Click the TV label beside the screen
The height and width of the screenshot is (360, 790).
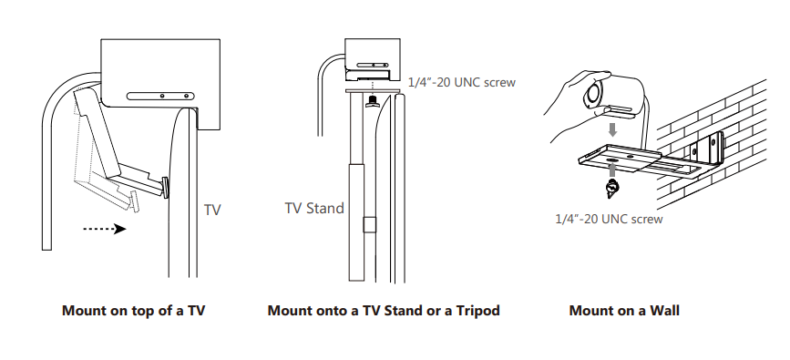(x=212, y=210)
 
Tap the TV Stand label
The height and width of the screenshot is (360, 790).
(x=315, y=208)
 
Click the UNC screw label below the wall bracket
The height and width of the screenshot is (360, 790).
(x=608, y=219)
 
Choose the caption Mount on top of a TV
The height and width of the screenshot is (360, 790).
(x=133, y=311)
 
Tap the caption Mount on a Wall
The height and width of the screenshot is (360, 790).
(x=624, y=311)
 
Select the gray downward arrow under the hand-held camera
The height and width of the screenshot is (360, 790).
(x=612, y=129)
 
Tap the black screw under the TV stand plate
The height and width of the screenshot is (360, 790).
(x=371, y=103)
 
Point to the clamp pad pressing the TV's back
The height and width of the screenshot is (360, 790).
(x=165, y=186)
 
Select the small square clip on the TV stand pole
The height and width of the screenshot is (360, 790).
(x=368, y=225)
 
